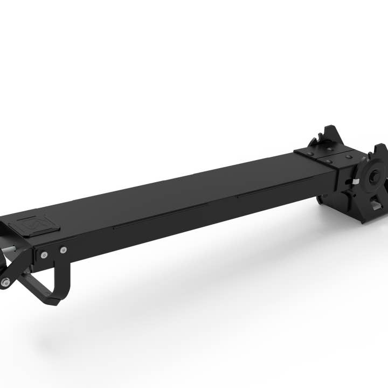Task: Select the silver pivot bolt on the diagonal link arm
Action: click(5, 283)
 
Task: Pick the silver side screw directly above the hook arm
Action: click(63, 250)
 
